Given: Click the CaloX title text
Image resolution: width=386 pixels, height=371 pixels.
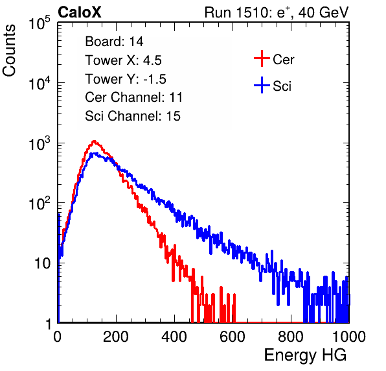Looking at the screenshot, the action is tap(80, 12).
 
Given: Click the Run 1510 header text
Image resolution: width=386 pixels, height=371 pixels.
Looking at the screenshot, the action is tap(277, 12).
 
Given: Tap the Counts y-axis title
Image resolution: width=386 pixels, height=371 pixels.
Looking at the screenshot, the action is tap(9, 51).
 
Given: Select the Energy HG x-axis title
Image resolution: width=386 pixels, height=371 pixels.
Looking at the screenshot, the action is tap(305, 355).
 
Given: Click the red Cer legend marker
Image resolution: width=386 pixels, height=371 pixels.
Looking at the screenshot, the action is tap(262, 58).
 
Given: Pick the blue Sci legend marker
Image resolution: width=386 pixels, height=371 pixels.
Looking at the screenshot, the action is tap(262, 86).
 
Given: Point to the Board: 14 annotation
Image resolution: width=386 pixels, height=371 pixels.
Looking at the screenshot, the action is tap(114, 42).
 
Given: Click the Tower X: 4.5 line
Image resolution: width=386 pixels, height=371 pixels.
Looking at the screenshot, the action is tap(123, 60).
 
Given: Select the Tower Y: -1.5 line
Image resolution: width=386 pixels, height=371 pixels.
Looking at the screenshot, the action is tap(126, 79).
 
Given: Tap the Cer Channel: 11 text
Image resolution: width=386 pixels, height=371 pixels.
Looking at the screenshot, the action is tap(133, 97).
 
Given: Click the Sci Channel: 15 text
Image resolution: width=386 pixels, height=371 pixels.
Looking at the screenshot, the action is tap(133, 116).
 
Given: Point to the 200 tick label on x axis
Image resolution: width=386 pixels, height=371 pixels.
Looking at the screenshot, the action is tap(116, 337).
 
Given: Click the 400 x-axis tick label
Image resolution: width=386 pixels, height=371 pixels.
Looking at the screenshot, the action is tap(174, 337).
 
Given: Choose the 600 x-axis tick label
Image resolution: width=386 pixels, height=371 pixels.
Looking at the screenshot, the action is tap(233, 337).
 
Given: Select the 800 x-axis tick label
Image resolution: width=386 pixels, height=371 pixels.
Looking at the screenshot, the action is tap(291, 337).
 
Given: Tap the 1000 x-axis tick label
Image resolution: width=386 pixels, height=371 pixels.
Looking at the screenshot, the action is tap(349, 337).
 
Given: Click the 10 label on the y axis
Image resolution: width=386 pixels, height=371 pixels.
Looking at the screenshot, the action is tap(43, 263).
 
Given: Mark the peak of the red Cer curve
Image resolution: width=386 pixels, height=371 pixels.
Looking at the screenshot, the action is tap(94, 141).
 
